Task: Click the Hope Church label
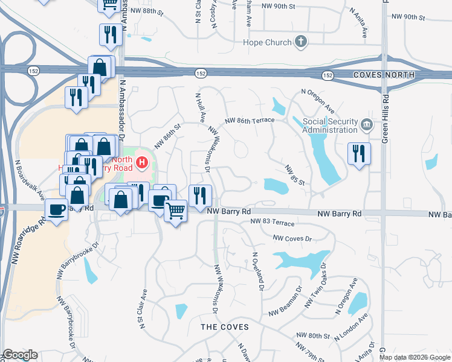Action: [268, 42]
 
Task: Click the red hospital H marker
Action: [142, 162]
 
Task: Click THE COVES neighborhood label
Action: [224, 326]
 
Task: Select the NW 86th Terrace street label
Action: [249, 121]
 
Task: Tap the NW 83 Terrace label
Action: [272, 223]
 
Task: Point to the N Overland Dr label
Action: [259, 272]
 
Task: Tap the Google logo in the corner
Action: [19, 355]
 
